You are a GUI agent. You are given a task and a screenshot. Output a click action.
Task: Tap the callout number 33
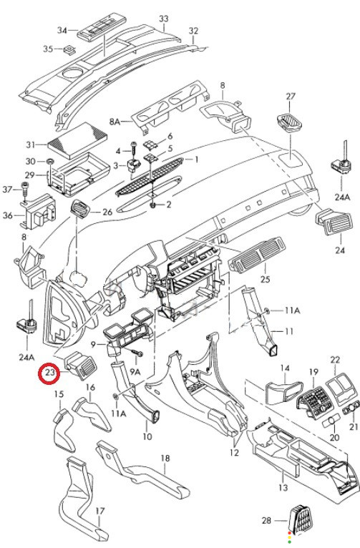click(x=164, y=19)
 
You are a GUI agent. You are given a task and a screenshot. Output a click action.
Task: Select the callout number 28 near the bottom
click(x=266, y=520)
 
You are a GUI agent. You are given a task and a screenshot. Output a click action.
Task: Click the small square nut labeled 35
click(x=69, y=49)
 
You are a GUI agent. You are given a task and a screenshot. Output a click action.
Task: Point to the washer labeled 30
click(x=50, y=161)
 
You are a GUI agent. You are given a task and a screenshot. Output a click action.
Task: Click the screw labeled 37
click(x=24, y=188)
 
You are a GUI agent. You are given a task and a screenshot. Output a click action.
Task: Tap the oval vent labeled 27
click(x=290, y=123)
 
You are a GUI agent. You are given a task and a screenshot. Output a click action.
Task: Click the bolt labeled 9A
click(x=137, y=353)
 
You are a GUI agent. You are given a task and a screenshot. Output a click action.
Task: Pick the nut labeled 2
click(x=152, y=205)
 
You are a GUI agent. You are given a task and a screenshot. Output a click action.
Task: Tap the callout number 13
click(x=283, y=487)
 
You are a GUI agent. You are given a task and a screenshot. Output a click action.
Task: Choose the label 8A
click(x=115, y=122)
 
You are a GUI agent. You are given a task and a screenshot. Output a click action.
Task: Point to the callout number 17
click(x=100, y=511)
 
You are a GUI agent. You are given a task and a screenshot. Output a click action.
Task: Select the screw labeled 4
click(x=134, y=149)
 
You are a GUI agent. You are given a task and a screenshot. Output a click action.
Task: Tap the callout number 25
click(x=266, y=279)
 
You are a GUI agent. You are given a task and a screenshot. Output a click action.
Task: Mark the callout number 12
click(x=234, y=453)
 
